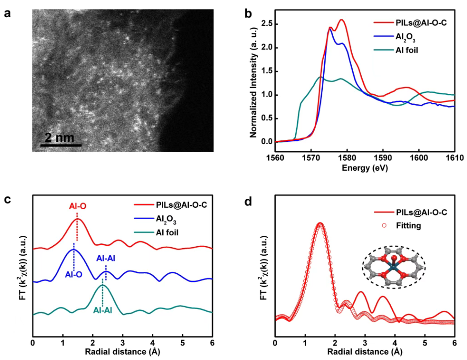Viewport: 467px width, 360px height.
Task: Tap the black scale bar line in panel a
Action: click(61, 145)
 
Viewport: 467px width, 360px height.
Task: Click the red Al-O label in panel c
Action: click(76, 206)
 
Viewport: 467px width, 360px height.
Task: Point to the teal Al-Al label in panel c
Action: click(103, 311)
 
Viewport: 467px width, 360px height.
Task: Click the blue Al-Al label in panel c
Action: click(106, 258)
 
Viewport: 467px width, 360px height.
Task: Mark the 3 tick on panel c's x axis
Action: click(122, 342)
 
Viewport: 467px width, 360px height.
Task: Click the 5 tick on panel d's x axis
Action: click(425, 342)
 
